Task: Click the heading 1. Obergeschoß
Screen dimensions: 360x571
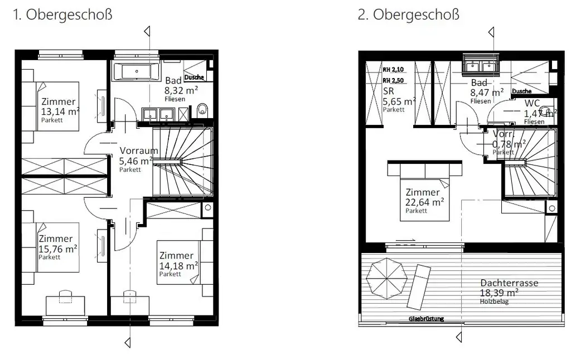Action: pyautogui.click(x=62, y=14)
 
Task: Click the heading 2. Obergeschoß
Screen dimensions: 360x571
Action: pyautogui.click(x=409, y=14)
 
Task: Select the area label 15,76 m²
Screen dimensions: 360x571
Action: pyautogui.click(x=57, y=249)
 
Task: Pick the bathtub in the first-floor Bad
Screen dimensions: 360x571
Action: pyautogui.click(x=132, y=72)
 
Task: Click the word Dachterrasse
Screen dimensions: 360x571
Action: pyautogui.click(x=509, y=283)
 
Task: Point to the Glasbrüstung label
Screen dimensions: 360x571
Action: pyautogui.click(x=427, y=319)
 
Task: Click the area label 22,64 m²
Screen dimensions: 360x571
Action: pyautogui.click(x=424, y=202)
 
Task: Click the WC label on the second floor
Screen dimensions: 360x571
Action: pyautogui.click(x=532, y=104)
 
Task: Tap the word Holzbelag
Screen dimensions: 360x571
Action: pyautogui.click(x=494, y=301)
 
